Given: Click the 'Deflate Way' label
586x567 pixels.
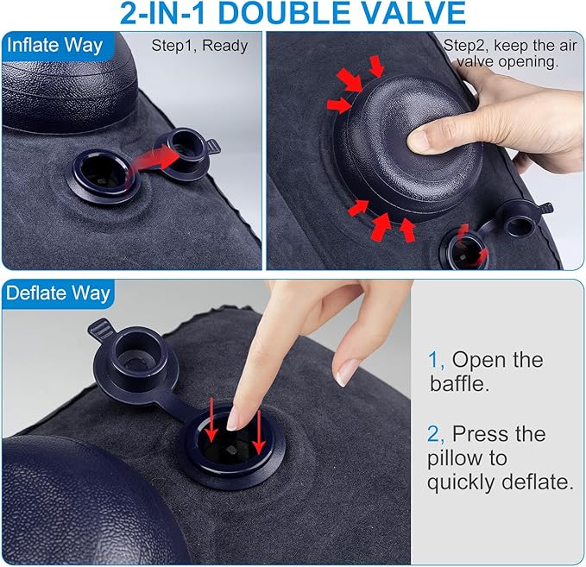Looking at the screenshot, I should pyautogui.click(x=59, y=293).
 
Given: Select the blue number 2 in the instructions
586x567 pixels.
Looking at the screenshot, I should pyautogui.click(x=434, y=432).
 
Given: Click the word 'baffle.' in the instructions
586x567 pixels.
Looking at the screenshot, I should pyautogui.click(x=460, y=384).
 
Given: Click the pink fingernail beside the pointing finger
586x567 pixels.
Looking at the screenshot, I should pyautogui.click(x=347, y=372).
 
